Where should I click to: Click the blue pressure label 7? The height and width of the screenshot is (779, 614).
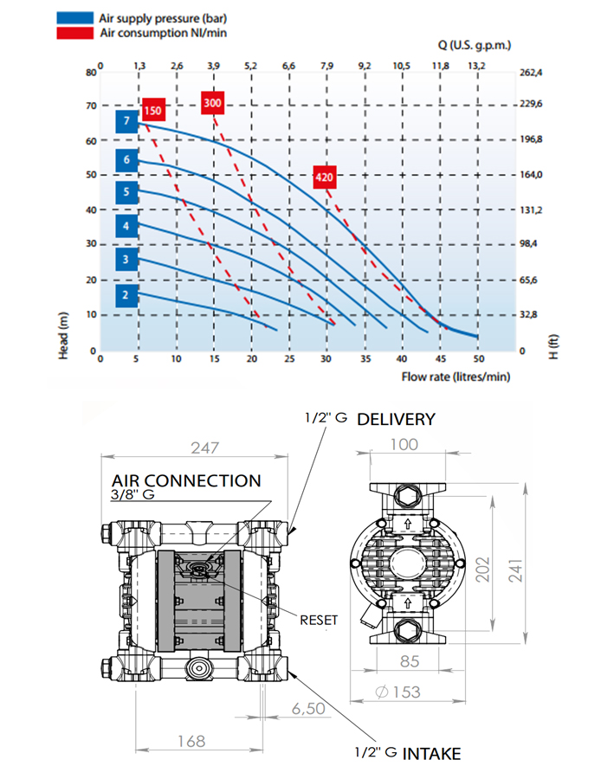click(x=126, y=121)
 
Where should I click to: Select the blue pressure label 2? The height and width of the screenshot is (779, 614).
click(x=126, y=295)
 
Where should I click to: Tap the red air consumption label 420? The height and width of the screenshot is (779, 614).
click(x=325, y=177)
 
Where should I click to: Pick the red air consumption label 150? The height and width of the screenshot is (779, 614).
click(x=153, y=110)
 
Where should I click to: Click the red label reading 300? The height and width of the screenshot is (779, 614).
click(x=212, y=103)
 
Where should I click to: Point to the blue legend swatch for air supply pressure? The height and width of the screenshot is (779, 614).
click(x=74, y=18)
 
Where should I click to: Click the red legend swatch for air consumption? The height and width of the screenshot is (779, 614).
click(x=74, y=33)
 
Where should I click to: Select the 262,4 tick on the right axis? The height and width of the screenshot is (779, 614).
click(x=531, y=73)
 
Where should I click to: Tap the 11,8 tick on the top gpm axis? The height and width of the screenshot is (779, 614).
click(x=441, y=66)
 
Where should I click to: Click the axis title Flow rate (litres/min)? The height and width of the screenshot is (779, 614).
click(x=456, y=377)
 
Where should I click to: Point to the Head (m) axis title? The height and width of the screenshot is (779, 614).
click(x=63, y=335)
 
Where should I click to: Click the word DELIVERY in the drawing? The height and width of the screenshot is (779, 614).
click(x=397, y=419)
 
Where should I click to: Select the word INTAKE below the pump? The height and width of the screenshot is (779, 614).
click(x=431, y=754)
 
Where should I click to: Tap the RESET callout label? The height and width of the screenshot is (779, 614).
click(x=319, y=620)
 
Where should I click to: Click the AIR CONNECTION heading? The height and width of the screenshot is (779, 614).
click(x=186, y=480)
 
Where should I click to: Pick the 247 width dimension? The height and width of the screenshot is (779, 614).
click(x=205, y=447)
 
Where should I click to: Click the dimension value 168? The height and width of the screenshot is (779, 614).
click(x=191, y=741)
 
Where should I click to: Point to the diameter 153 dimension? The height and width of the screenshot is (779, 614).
click(x=397, y=692)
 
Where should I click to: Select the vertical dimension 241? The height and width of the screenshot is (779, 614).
click(x=515, y=570)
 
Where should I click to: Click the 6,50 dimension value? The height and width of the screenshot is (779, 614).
click(x=308, y=708)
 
